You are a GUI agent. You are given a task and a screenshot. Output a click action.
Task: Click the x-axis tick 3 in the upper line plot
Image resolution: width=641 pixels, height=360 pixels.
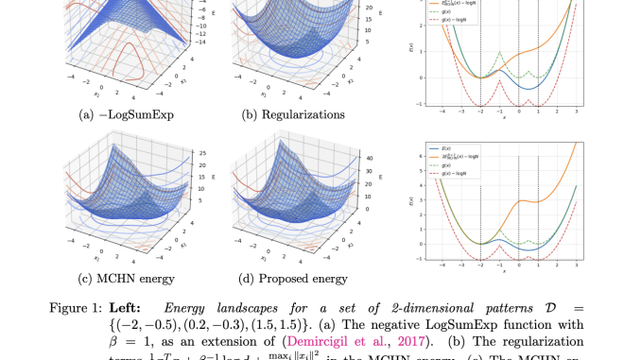pos(573,112)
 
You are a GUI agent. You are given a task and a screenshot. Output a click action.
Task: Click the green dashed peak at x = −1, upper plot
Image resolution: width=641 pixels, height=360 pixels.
pos(498,53)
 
